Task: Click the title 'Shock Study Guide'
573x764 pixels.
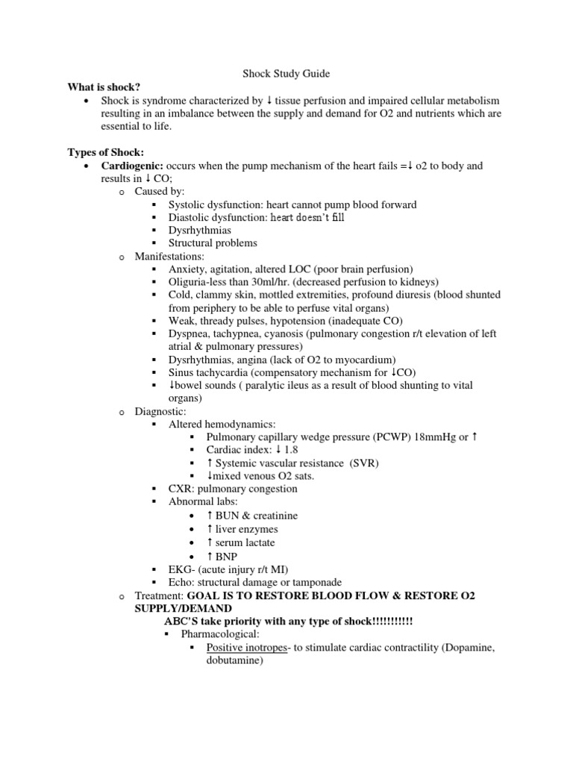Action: click(286, 74)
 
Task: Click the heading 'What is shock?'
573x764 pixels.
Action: click(102, 87)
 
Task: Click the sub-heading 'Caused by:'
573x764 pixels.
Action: click(160, 192)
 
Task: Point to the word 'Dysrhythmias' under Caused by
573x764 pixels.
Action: click(201, 231)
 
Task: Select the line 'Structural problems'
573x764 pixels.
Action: click(213, 243)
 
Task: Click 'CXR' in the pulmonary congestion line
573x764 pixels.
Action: click(181, 489)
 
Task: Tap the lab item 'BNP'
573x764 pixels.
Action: click(226, 557)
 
